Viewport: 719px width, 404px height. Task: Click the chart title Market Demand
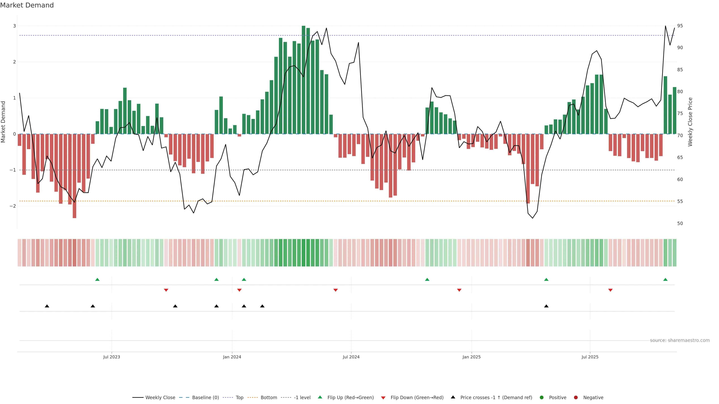point(27,5)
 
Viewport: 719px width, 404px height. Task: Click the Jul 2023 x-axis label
point(111,357)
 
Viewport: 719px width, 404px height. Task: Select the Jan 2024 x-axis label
point(232,357)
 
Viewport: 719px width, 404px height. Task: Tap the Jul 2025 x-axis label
point(590,357)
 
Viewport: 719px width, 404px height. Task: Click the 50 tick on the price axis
point(680,223)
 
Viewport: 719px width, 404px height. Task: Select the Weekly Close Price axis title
point(690,122)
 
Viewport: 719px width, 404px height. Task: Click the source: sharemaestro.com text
point(680,340)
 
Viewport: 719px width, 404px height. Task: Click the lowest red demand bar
point(75,176)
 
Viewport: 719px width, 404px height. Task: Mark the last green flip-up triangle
point(665,280)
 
